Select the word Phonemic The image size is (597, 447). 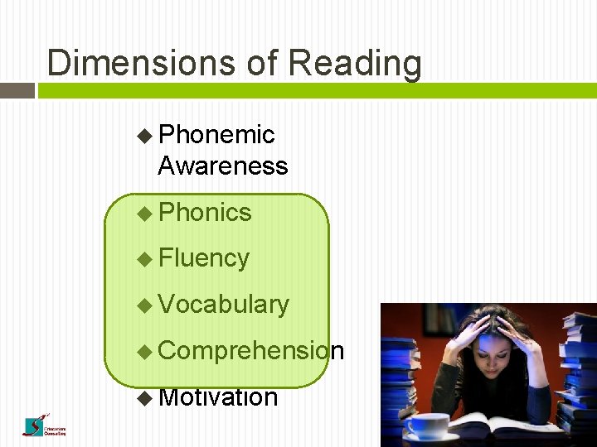click(216, 134)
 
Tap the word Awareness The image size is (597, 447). click(223, 166)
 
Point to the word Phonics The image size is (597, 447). click(205, 212)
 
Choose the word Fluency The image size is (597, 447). click(204, 258)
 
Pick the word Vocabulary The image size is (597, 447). click(224, 305)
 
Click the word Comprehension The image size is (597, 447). click(250, 351)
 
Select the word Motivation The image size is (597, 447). click(218, 397)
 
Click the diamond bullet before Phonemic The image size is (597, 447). click(145, 134)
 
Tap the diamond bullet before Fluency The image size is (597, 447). click(145, 258)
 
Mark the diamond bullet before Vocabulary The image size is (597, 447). click(145, 305)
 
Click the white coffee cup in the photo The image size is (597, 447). click(428, 425)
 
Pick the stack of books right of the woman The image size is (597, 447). click(577, 372)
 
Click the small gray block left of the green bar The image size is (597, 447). click(17, 90)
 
